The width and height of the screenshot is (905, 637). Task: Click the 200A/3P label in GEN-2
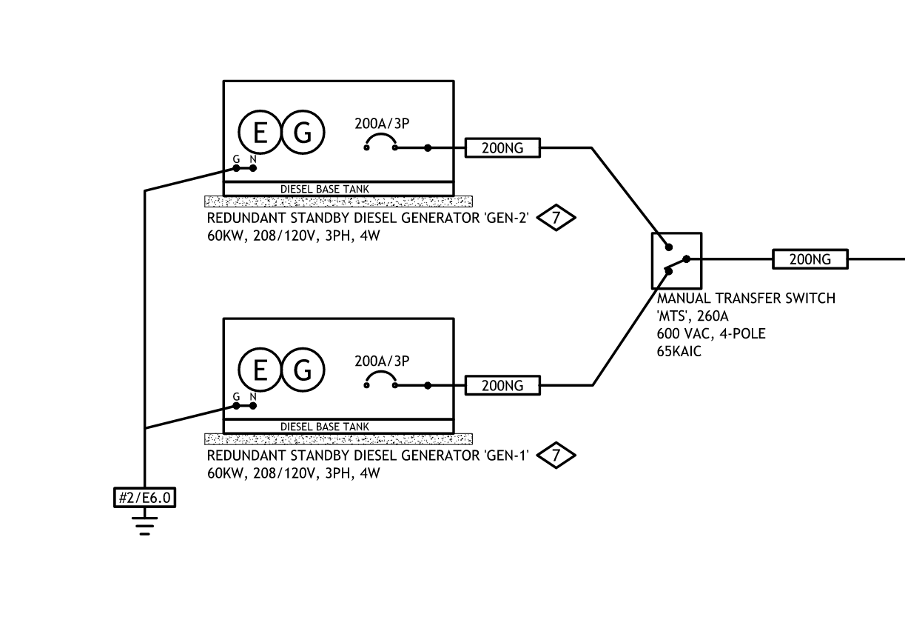[382, 124]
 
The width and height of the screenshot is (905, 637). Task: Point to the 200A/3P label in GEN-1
[382, 361]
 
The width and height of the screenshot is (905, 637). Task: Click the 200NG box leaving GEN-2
[502, 148]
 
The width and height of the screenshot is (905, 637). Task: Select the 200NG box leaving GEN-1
[502, 385]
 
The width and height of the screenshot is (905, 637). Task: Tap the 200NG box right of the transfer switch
[810, 259]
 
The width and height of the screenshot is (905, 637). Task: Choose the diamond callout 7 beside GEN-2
[556, 218]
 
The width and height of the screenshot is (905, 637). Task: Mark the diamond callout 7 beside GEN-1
[556, 456]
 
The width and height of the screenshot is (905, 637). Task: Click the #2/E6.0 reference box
[144, 498]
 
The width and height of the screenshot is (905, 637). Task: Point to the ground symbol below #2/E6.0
[144, 526]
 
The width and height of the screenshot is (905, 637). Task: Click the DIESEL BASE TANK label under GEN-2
[324, 189]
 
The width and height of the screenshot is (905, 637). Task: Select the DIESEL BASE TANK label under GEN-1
[324, 427]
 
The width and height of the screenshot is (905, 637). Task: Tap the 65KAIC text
[679, 352]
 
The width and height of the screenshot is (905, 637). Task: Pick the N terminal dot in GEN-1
[253, 406]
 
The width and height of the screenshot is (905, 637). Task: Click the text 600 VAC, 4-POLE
[711, 333]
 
